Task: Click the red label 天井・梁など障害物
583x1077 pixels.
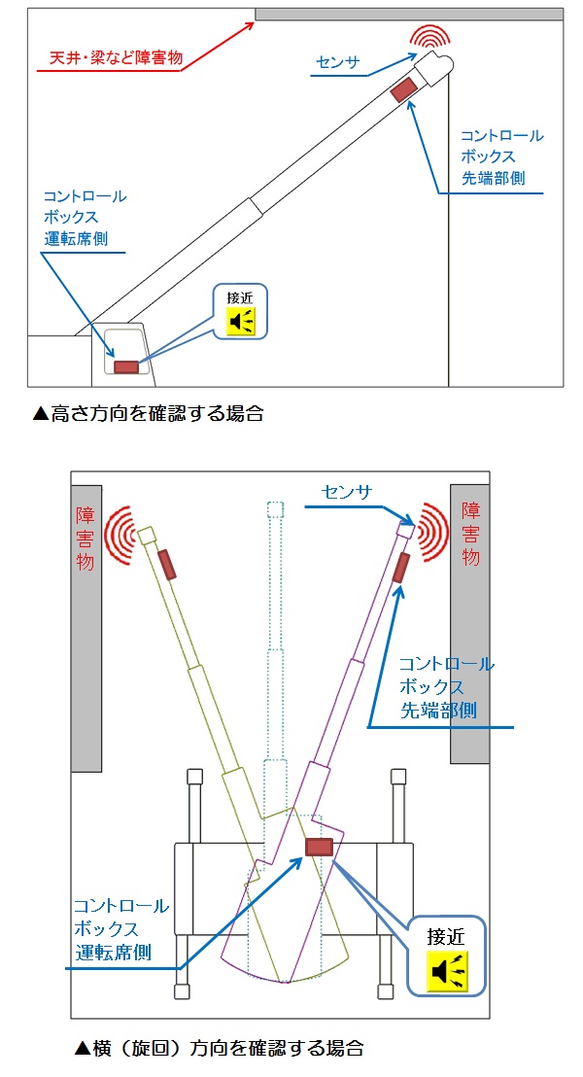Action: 109,59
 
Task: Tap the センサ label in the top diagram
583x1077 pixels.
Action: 338,63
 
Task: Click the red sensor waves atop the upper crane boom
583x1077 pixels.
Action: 429,38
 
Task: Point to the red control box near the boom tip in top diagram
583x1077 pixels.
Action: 403,88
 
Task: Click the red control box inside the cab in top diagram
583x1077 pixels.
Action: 126,366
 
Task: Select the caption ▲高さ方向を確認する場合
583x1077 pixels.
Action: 148,413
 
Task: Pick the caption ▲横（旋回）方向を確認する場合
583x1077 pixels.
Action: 221,1048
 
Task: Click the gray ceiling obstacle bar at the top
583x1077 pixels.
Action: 408,15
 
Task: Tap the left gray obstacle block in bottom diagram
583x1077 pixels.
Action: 86,622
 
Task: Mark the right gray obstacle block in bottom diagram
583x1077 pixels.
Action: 469,622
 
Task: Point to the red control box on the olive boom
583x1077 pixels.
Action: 167,564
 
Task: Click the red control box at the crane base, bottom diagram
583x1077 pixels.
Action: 319,847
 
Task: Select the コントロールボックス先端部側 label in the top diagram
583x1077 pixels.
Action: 501,156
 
